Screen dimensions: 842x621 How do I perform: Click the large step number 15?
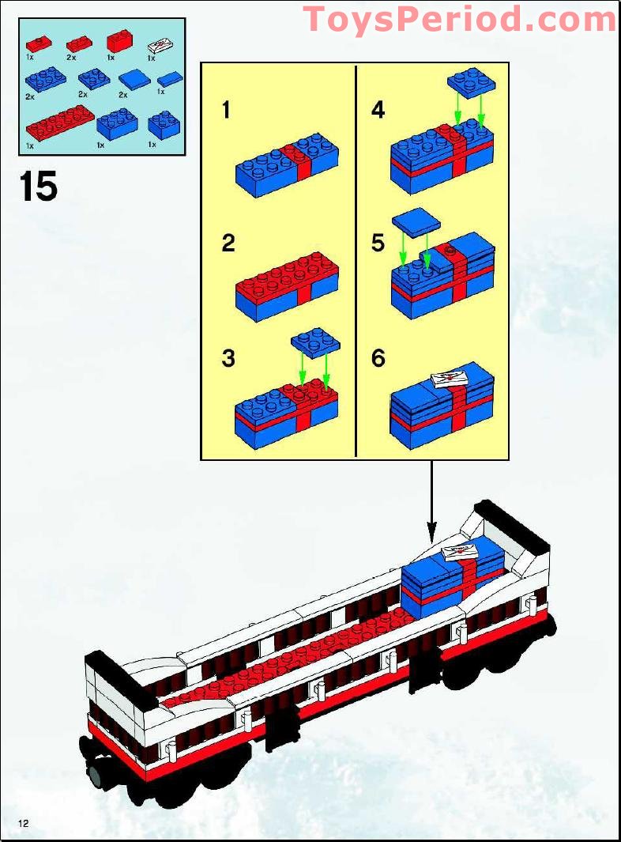(x=39, y=187)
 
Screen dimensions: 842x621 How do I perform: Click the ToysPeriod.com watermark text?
(x=460, y=18)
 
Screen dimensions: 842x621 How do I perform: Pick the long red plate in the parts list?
(x=55, y=124)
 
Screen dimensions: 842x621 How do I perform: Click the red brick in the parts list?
(x=119, y=40)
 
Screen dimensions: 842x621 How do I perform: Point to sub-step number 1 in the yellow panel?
(x=227, y=110)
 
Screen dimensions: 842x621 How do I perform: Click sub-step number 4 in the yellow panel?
(x=378, y=110)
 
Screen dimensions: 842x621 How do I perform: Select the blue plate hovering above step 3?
(x=315, y=342)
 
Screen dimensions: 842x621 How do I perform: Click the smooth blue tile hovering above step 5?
(x=417, y=222)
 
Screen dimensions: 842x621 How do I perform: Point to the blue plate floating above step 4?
(x=472, y=81)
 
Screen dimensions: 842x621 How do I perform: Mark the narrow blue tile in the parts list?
(x=168, y=79)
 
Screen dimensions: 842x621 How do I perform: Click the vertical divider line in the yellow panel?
(x=356, y=261)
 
